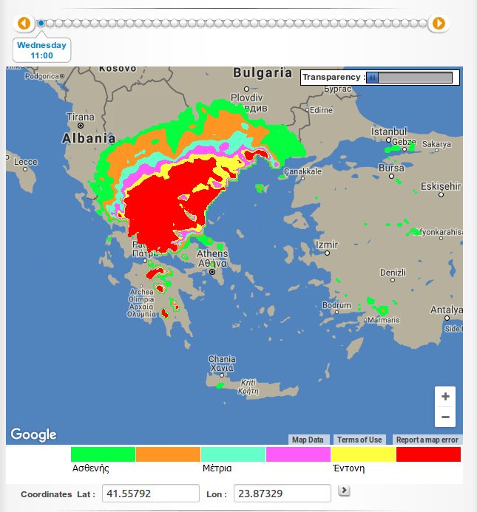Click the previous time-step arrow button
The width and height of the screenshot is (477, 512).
point(24,24)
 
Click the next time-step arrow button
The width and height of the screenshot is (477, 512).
point(439,24)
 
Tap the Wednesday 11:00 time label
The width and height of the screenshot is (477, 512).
point(42,50)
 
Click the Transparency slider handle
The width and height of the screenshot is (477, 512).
point(373,78)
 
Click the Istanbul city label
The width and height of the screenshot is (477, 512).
point(389,132)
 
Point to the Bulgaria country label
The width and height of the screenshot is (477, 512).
point(263,73)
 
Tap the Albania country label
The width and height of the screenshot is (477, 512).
point(89,138)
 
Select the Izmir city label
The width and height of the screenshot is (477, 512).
point(326,245)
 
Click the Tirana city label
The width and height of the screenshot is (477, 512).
point(81,117)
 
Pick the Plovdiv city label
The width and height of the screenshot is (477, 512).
point(246,98)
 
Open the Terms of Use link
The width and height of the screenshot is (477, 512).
point(359,440)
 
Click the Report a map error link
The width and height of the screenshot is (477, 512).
point(427,440)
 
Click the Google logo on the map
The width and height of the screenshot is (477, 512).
point(33,434)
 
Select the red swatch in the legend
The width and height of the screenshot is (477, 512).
point(428,454)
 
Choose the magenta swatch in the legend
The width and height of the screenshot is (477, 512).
point(298,454)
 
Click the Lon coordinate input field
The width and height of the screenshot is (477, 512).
point(282,494)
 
